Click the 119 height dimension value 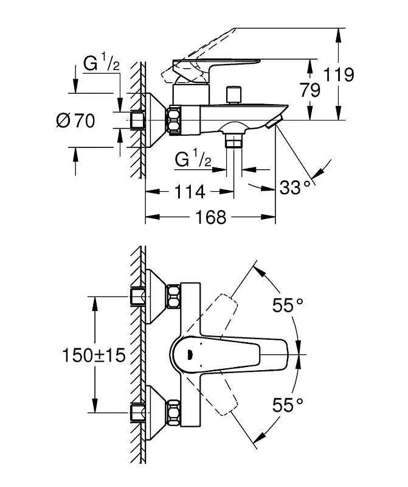click(338, 75)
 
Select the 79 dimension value click(310, 90)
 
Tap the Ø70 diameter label click(75, 121)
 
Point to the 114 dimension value click(190, 192)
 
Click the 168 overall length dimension click(210, 217)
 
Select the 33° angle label click(295, 187)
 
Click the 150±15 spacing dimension click(94, 355)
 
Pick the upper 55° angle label click(288, 305)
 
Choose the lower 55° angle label click(288, 405)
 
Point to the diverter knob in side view click(233, 95)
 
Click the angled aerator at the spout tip click(274, 121)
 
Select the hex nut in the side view click(175, 121)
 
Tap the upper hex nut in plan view click(173, 297)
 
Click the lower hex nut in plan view click(173, 413)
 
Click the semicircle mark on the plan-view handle click(190, 354)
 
